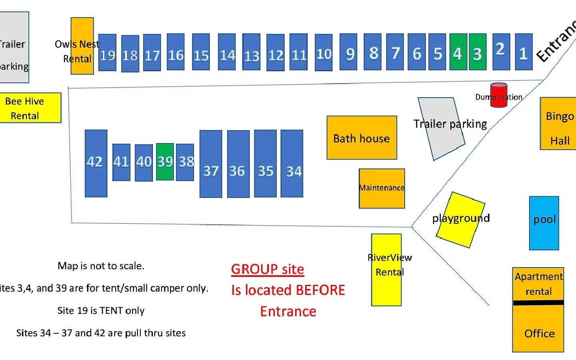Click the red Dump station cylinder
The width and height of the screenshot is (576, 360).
499,95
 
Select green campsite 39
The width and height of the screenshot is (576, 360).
165,162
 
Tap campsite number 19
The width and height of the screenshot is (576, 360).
107,53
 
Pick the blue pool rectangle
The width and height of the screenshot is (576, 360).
544,223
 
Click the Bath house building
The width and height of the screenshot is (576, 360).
362,138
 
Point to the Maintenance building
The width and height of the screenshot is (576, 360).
382,188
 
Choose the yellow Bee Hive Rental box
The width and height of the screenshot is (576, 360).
30,108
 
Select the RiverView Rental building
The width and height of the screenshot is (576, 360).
386,270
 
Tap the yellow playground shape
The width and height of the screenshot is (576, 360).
460,220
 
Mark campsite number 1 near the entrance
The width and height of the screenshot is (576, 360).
524,52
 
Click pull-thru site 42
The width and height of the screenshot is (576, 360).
96,163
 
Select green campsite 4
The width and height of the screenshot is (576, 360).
458,52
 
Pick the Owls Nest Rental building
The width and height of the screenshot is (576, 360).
82,46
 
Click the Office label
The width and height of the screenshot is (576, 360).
539,334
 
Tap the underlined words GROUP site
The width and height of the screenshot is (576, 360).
267,269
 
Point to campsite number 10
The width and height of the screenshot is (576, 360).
324,53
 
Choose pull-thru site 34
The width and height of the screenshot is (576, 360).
292,164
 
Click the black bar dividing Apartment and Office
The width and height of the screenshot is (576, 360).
538,302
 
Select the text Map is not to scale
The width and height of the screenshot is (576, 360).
101,266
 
